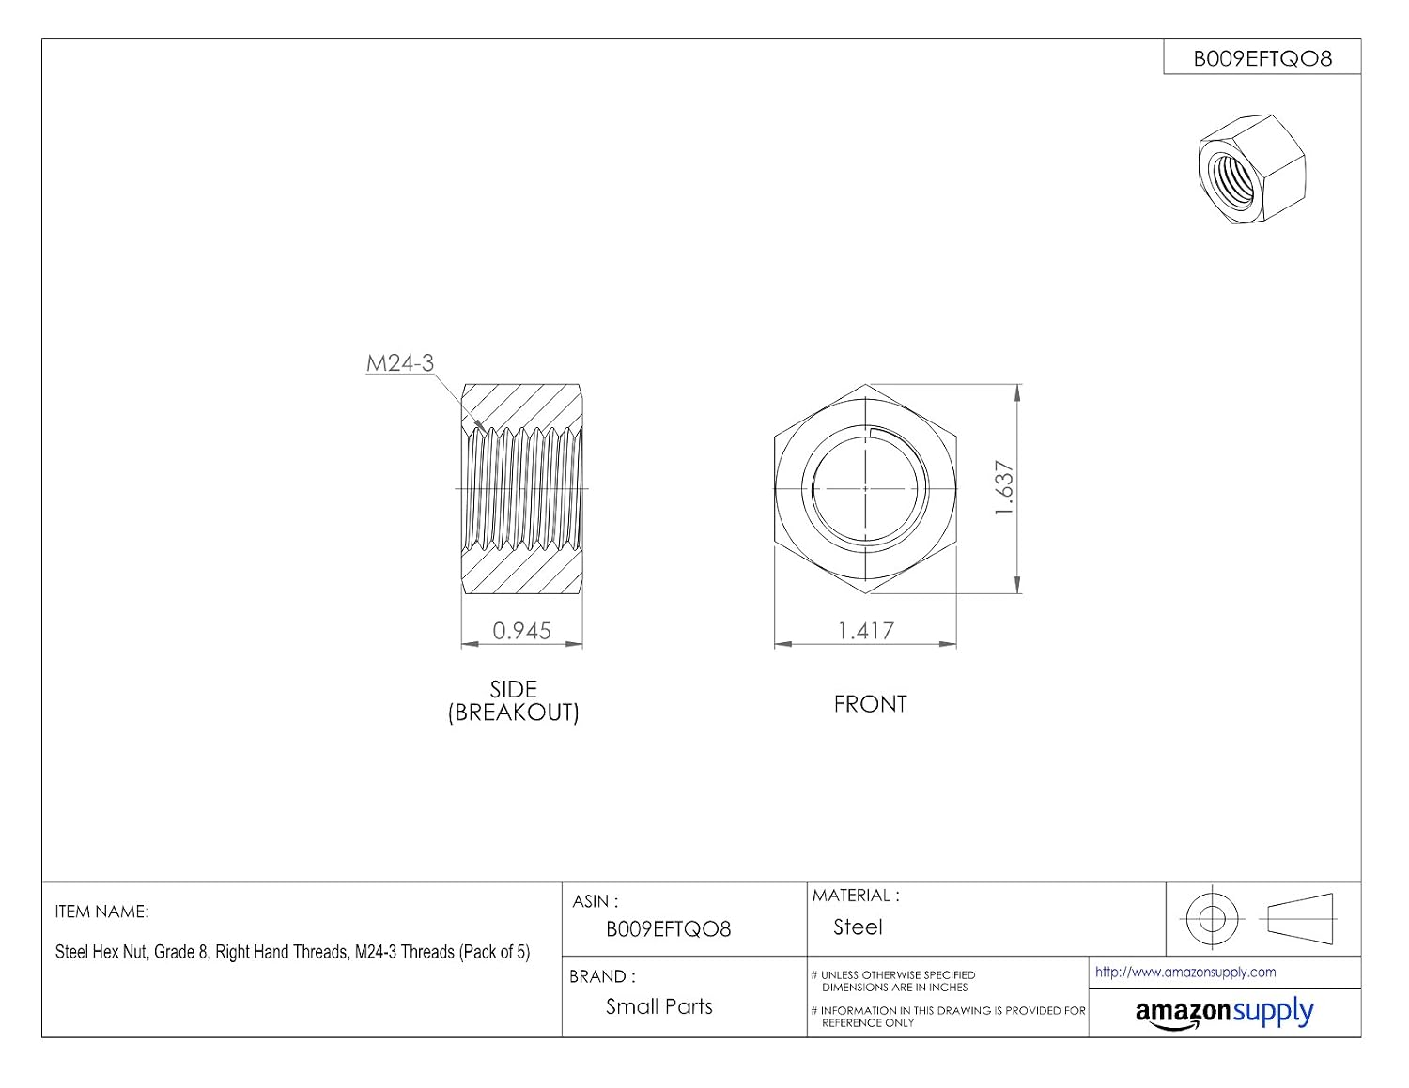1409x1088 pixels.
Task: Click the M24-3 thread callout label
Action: (400, 363)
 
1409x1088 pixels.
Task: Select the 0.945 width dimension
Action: (522, 631)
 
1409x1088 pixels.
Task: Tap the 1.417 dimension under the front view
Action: (866, 631)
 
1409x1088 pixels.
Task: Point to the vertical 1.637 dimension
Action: (1004, 488)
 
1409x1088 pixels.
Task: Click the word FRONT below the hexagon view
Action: (870, 704)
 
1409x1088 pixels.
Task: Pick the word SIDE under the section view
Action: (514, 689)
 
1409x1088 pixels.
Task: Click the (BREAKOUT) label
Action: (514, 713)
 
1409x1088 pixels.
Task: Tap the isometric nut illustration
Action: (1251, 170)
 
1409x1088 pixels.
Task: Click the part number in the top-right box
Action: (1262, 59)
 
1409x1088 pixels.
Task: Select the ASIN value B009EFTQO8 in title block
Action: (669, 929)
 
